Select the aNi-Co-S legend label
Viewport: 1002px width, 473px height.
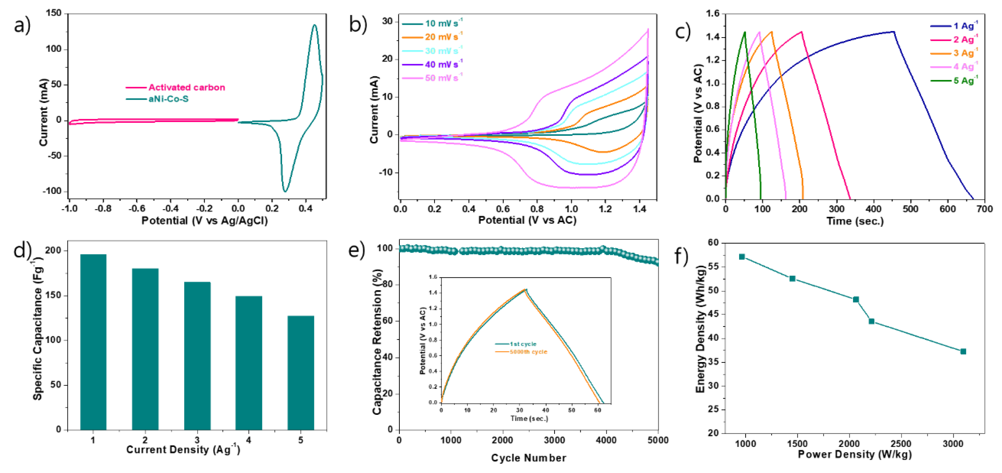point(168,99)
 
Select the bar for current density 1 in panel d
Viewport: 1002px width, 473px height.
point(93,342)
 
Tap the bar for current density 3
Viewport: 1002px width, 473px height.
point(197,356)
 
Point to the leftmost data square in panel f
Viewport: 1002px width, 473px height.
point(742,257)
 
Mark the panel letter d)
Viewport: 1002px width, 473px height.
point(22,250)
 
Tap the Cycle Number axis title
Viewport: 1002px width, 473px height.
point(528,458)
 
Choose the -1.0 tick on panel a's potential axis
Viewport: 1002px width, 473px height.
point(70,209)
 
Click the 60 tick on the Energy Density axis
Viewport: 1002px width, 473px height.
point(712,243)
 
